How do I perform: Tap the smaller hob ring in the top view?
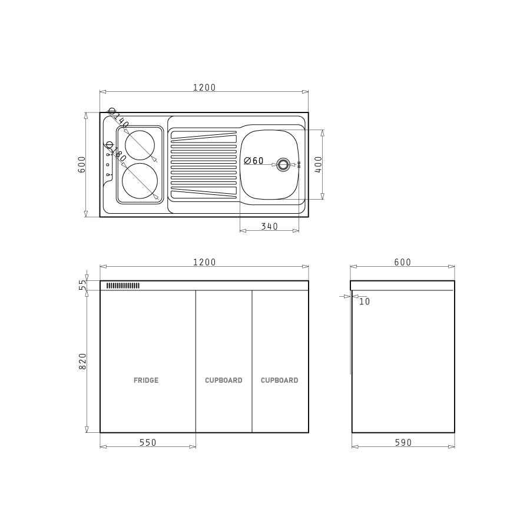125,145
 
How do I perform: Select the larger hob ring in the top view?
122,181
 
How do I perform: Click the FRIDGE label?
146,380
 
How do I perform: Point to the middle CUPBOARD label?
223,380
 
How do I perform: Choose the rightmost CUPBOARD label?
279,380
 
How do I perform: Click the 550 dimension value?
148,442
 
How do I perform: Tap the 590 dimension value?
403,442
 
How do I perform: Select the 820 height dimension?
82,361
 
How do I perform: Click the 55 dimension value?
82,285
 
